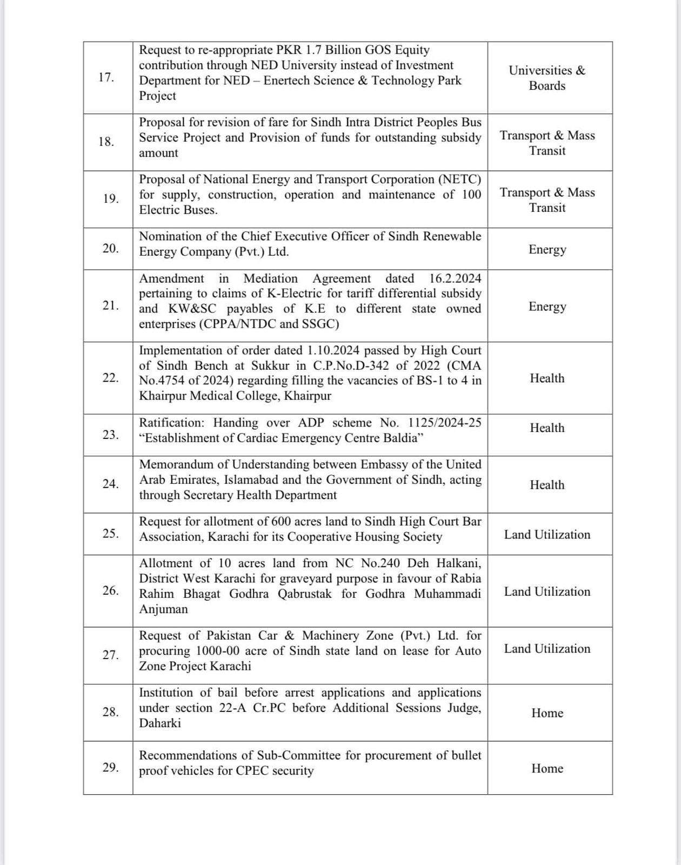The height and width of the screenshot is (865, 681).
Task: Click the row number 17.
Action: pos(106,77)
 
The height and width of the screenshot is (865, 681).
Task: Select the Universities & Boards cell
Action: pos(547,78)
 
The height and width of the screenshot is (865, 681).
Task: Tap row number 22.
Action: pos(110,377)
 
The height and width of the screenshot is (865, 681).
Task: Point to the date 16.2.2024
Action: pos(455,278)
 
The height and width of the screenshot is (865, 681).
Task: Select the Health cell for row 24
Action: pos(547,485)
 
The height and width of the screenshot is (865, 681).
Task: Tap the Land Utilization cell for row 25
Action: pos(547,535)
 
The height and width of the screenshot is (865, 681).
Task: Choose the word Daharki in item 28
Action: pos(160,723)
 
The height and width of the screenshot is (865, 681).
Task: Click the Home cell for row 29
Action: pos(547,769)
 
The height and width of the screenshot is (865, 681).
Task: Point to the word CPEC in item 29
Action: pos(252,771)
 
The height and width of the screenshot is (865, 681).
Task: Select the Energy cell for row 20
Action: pos(547,249)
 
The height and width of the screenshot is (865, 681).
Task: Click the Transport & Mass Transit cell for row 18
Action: pos(547,143)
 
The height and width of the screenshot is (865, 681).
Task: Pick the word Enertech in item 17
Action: pos(288,81)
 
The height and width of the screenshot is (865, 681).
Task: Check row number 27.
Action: pos(110,655)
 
